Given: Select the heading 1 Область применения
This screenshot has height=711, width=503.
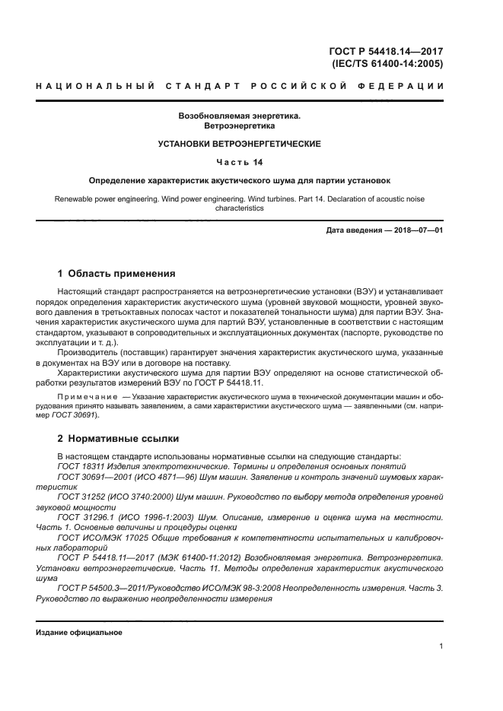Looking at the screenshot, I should point(116,273).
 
